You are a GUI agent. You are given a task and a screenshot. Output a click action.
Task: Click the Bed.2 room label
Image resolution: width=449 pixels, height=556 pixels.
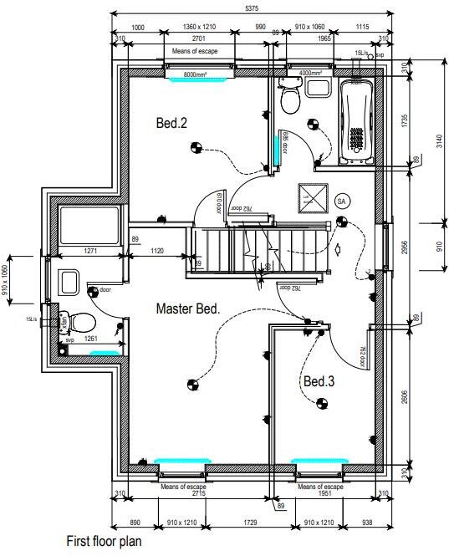tap(171, 123)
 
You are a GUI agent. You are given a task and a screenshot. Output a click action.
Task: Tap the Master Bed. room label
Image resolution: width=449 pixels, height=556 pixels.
tap(188, 309)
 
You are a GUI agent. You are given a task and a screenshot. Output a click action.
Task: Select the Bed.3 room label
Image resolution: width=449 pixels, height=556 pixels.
tap(319, 381)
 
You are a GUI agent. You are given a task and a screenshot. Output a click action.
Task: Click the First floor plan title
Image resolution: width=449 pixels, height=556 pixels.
tap(104, 542)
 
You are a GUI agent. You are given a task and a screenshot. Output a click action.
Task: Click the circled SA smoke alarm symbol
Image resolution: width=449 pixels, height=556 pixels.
tap(341, 201)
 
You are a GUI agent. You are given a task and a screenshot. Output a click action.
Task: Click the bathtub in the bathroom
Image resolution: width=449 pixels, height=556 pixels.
tap(357, 120)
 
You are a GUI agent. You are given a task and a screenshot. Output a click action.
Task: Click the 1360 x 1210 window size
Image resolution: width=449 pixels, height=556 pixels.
tap(199, 28)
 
